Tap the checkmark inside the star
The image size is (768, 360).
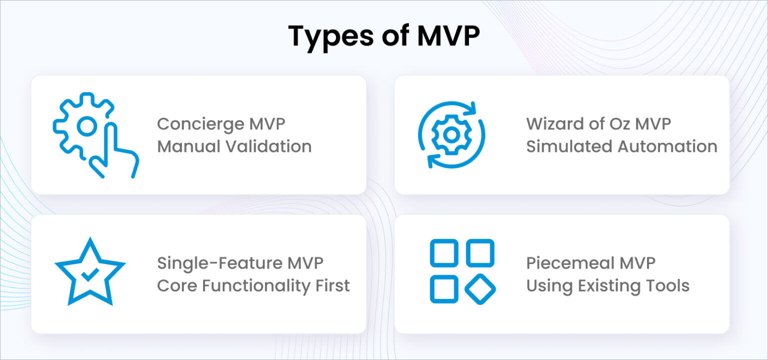tap(89, 274)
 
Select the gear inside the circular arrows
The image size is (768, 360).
tap(451, 134)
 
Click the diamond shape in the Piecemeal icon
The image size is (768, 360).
tap(480, 288)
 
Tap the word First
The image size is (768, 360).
tap(332, 285)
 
